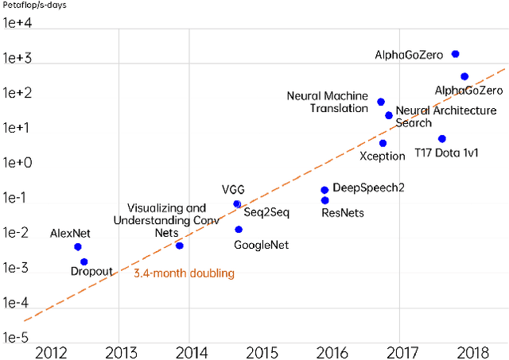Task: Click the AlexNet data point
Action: coord(78,247)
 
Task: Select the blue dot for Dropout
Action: coord(84,261)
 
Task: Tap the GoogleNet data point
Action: coord(239,230)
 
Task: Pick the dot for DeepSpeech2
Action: coord(324,190)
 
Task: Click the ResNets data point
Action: coord(324,200)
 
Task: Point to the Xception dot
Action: coord(383,144)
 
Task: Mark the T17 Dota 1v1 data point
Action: coord(442,139)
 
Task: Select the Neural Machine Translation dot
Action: coord(381,103)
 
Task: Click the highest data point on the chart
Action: coord(455,54)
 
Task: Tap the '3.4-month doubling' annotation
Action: coord(184,274)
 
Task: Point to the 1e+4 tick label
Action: coord(17,23)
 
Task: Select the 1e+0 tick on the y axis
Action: coord(17,163)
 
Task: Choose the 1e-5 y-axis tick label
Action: coord(17,338)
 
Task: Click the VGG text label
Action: coord(233,189)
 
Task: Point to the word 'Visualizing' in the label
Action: coord(156,207)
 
